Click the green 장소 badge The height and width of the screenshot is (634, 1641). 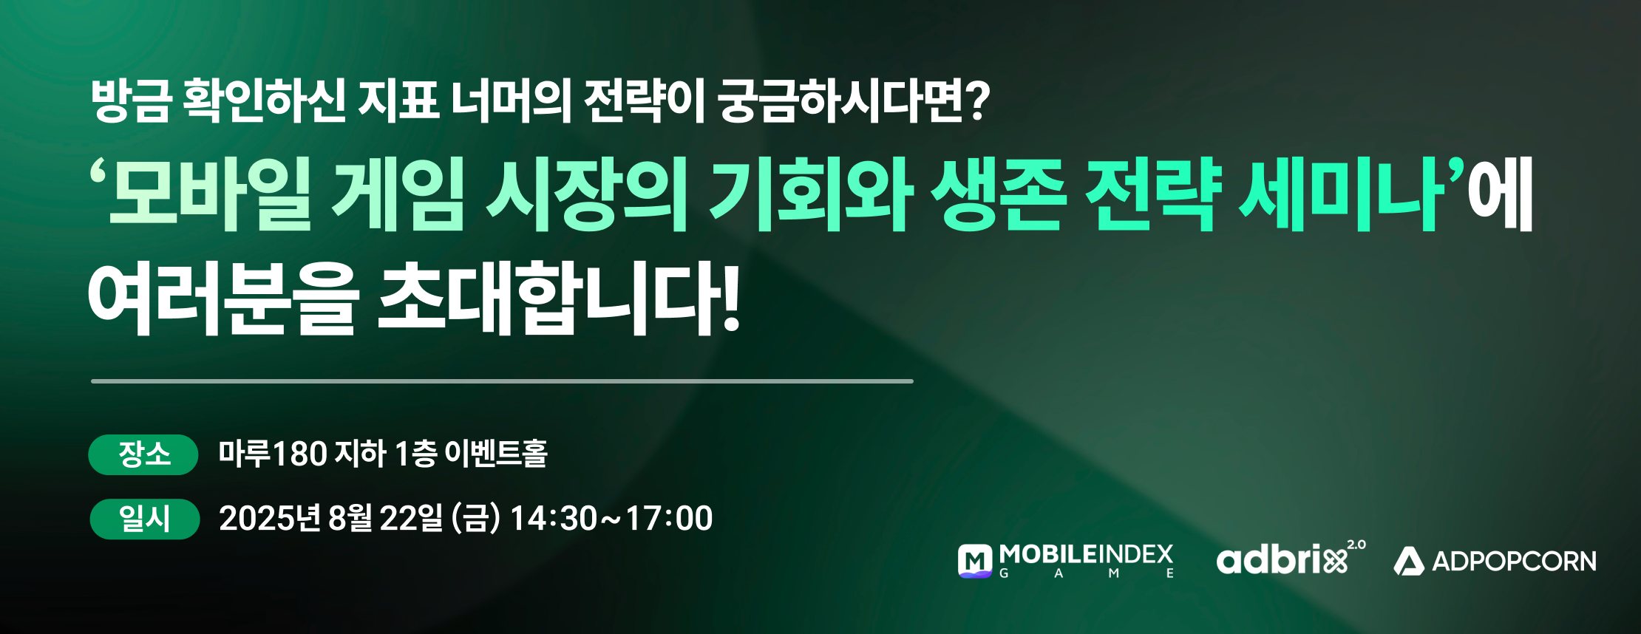143,454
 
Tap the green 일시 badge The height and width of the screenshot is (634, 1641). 145,519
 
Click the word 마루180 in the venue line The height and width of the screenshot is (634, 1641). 273,453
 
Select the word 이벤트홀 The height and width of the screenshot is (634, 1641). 496,453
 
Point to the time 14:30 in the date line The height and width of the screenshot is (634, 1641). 553,518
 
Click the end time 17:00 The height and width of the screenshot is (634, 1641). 669,518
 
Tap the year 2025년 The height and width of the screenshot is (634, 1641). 270,518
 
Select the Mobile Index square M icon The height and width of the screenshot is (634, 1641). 975,561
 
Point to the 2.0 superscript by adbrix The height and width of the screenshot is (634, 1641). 1356,545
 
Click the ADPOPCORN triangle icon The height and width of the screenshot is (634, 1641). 1409,562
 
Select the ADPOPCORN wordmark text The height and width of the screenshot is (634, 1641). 1514,562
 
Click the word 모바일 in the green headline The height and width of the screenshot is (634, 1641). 210,194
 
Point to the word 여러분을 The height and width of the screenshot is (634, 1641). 222,299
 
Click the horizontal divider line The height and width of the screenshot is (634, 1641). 502,381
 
